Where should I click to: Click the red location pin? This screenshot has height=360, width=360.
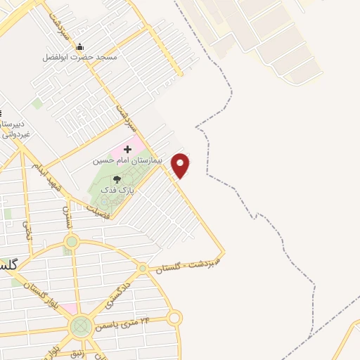point(181,165)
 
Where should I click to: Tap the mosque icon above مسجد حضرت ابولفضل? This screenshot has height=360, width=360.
point(80,46)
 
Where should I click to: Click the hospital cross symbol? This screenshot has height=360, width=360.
point(127,149)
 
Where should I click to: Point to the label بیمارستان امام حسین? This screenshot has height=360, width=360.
point(128,160)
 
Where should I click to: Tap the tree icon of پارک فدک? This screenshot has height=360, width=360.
point(117,180)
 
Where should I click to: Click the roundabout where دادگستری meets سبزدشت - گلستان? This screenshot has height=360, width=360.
point(142,268)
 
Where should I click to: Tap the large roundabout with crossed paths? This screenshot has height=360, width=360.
point(81,326)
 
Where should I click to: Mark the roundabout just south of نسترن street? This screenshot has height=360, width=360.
point(71,241)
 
